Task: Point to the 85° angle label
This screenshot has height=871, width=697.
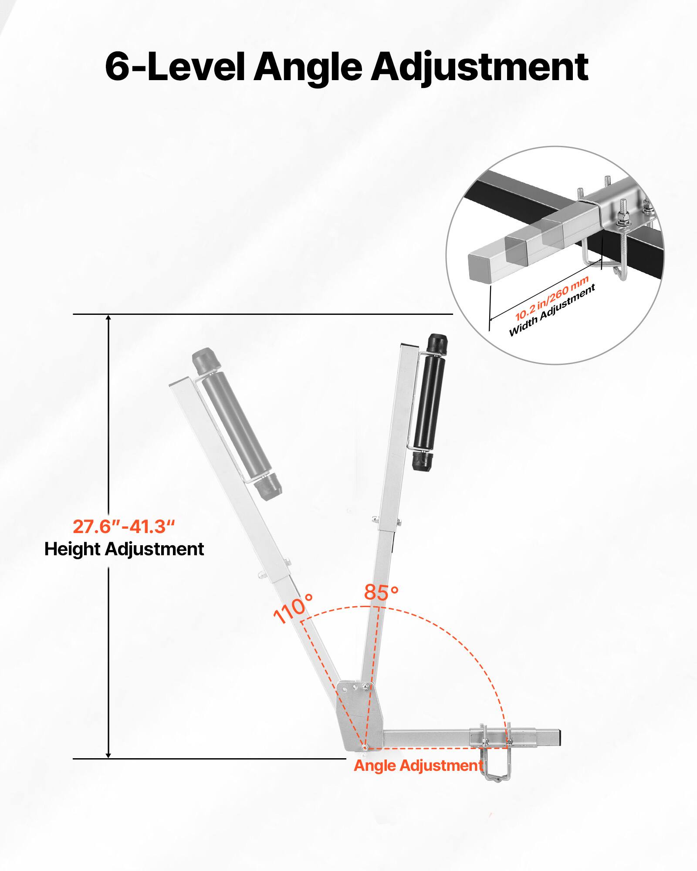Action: tap(381, 592)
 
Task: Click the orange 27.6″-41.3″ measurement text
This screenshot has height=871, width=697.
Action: tap(124, 527)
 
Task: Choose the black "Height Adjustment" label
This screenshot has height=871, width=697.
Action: tap(124, 549)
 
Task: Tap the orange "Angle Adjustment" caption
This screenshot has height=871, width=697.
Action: tap(418, 765)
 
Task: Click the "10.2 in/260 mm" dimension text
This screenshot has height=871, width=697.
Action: tap(552, 298)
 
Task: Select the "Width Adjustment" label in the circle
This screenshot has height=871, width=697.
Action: tap(552, 311)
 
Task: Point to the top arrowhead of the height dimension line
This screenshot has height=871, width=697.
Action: tap(108, 318)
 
